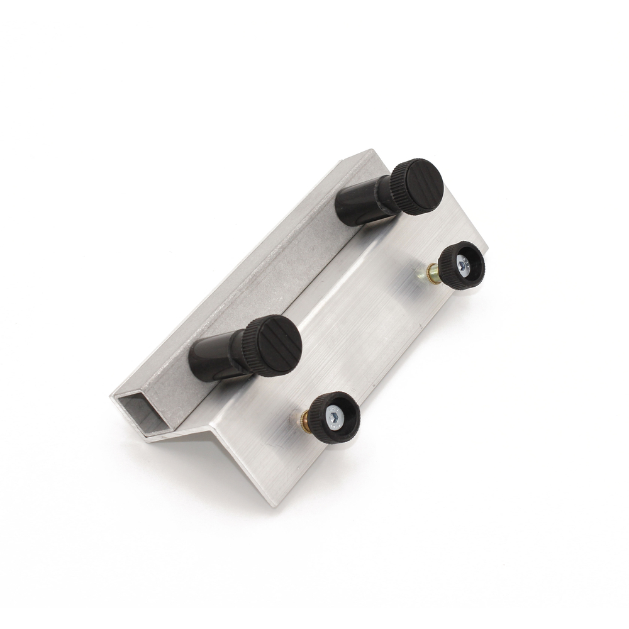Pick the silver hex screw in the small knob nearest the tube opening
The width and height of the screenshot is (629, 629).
tap(337, 415)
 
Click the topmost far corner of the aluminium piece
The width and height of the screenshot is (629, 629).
tap(373, 150)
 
